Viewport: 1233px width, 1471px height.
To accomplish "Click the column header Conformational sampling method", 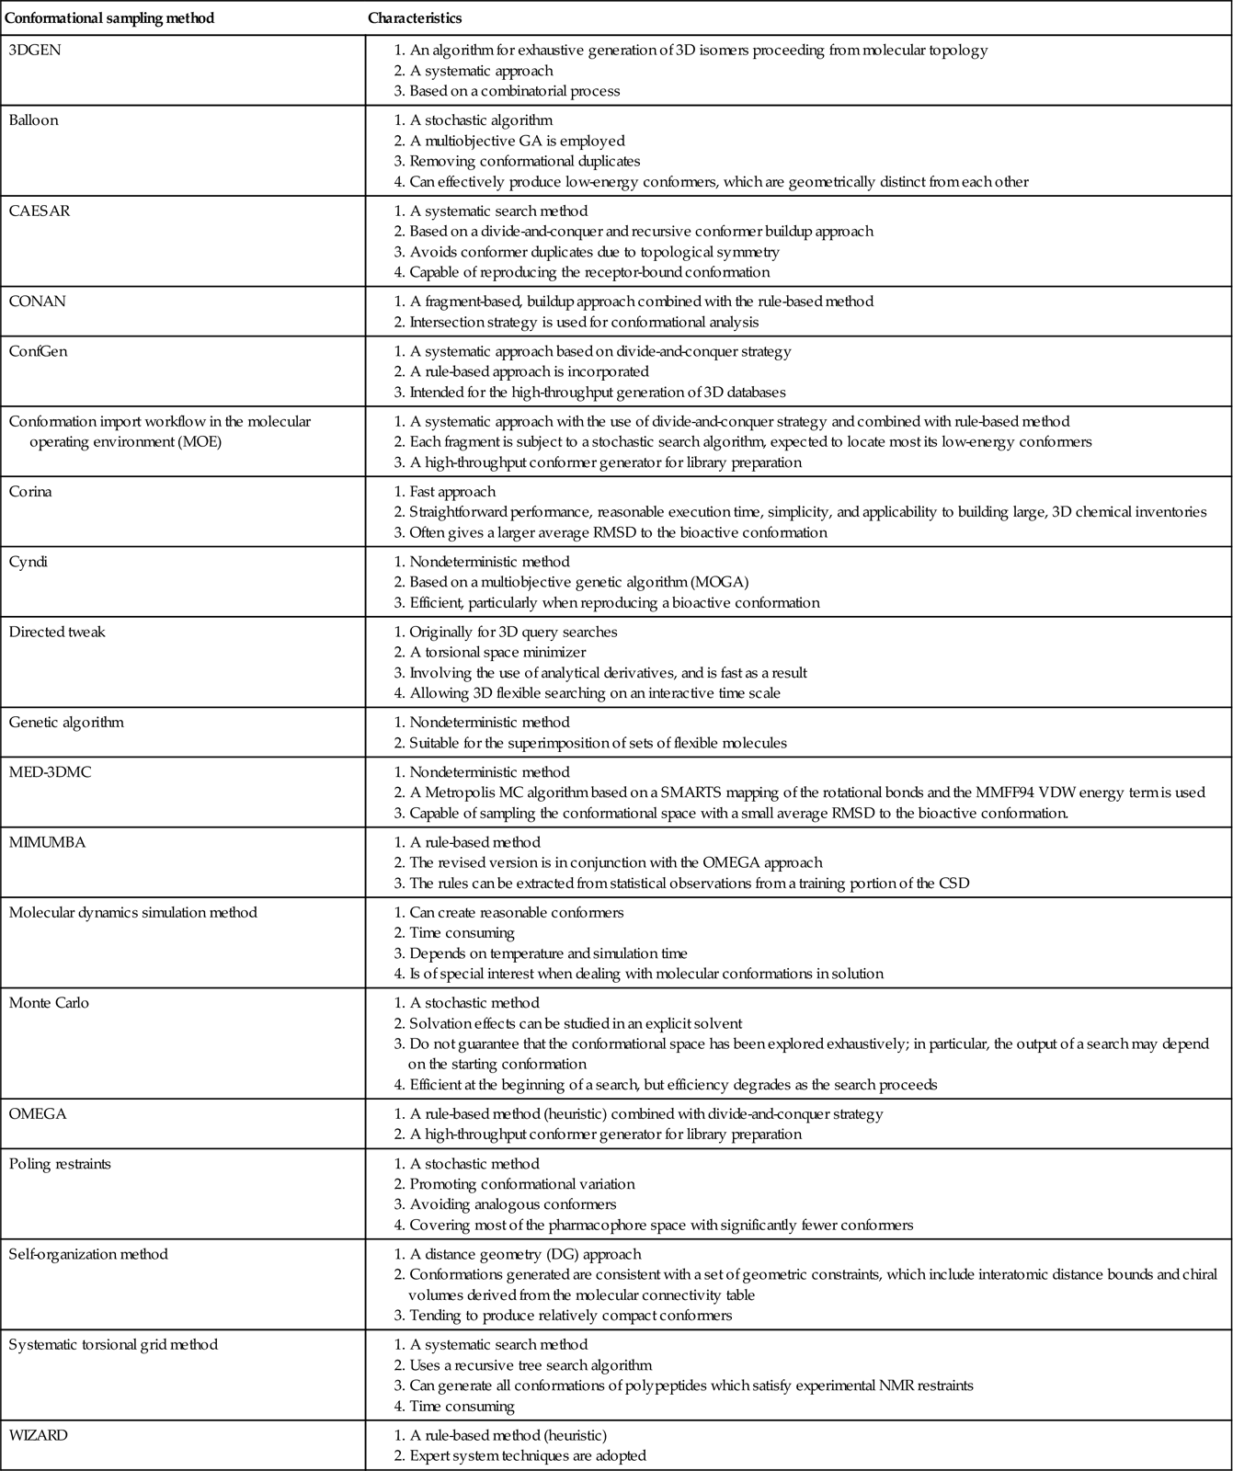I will (x=111, y=18).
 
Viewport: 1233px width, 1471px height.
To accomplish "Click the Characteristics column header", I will (x=415, y=18).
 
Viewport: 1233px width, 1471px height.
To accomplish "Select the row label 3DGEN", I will (x=35, y=50).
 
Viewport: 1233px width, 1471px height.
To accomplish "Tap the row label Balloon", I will (x=33, y=120).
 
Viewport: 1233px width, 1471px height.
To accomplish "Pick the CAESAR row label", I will (x=40, y=211).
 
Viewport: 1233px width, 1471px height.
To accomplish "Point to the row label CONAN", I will (x=38, y=301).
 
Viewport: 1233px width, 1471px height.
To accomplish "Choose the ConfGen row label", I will (x=39, y=351).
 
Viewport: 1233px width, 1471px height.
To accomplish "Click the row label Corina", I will (x=31, y=491).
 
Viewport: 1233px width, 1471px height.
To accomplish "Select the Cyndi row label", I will (x=29, y=562).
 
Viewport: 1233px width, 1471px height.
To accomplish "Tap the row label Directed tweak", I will (x=57, y=632).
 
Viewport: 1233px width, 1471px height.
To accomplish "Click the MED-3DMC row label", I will (x=51, y=772).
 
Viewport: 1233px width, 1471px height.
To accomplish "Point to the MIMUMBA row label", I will (x=48, y=842).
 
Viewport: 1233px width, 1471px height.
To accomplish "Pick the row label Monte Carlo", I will (x=49, y=1003).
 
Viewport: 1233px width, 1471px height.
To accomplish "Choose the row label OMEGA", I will (x=38, y=1113).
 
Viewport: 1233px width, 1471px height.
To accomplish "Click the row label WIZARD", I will (x=39, y=1434).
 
